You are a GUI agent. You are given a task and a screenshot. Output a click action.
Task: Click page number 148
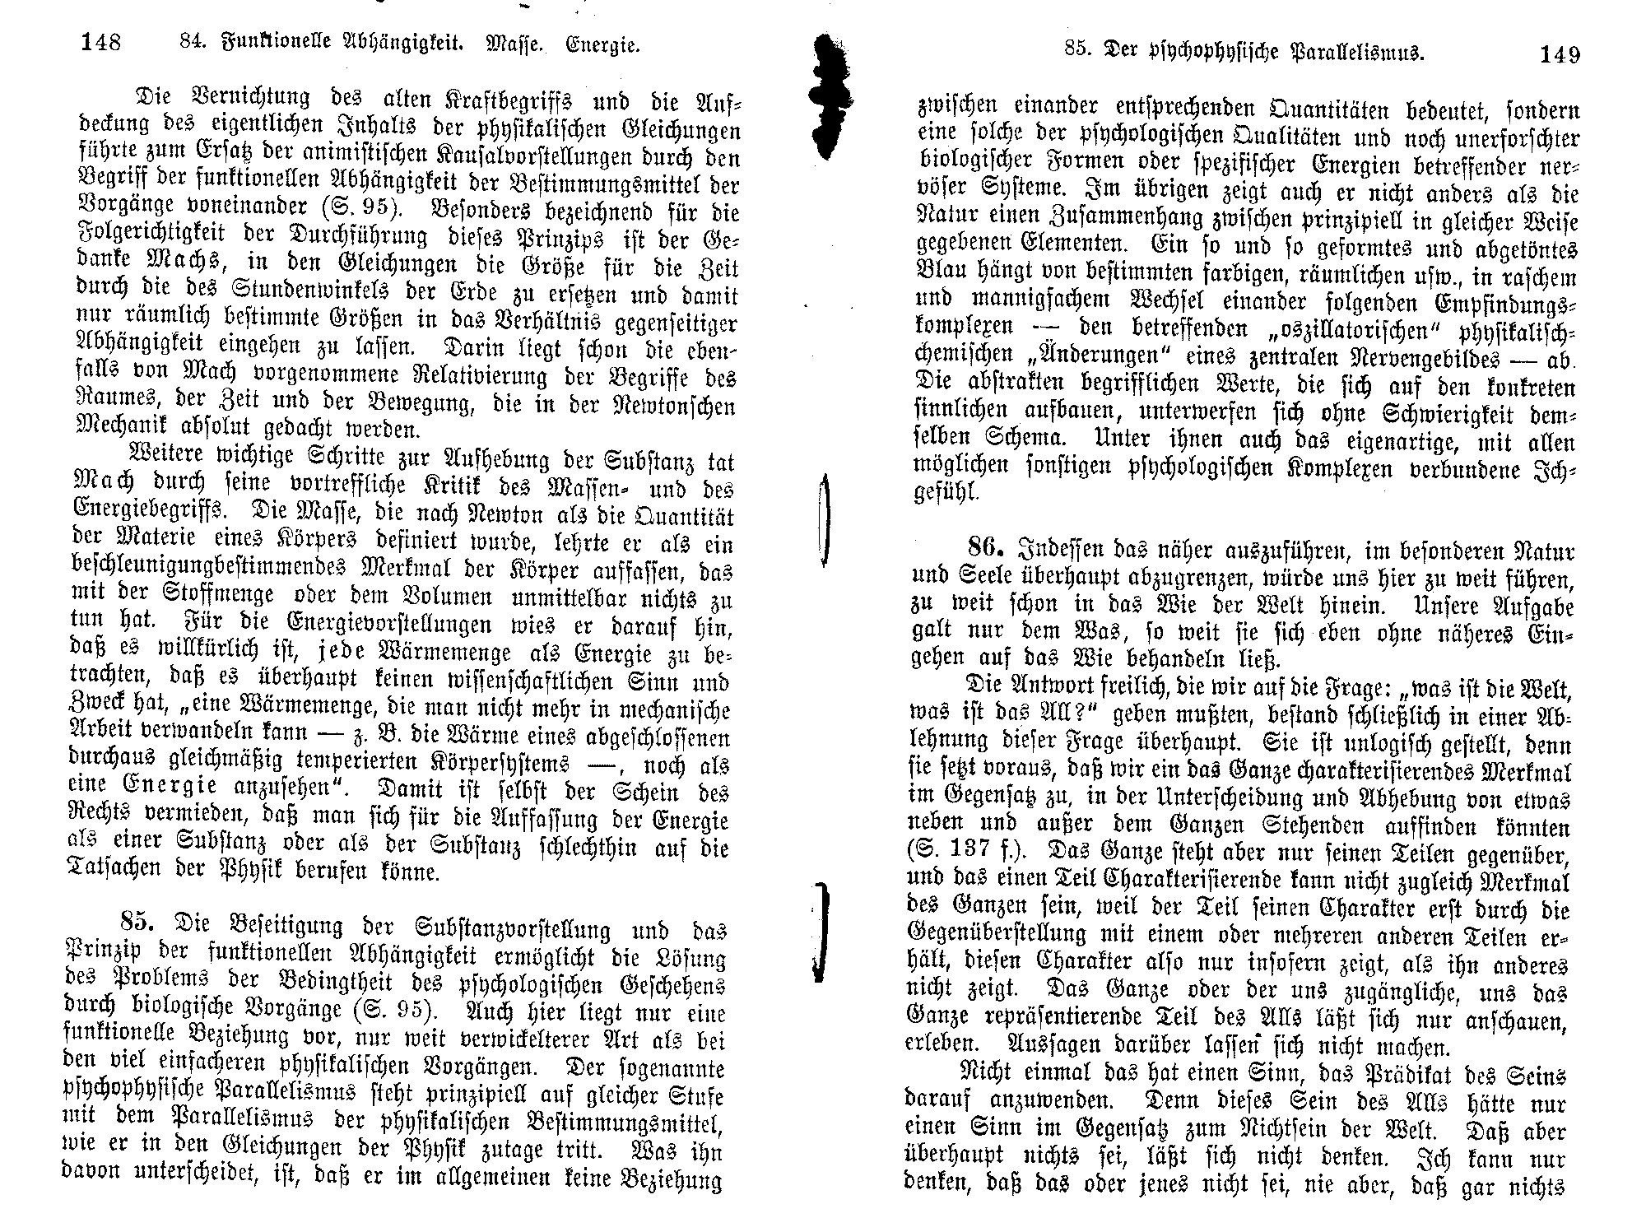coord(101,42)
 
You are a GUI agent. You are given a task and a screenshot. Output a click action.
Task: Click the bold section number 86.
coord(987,546)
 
